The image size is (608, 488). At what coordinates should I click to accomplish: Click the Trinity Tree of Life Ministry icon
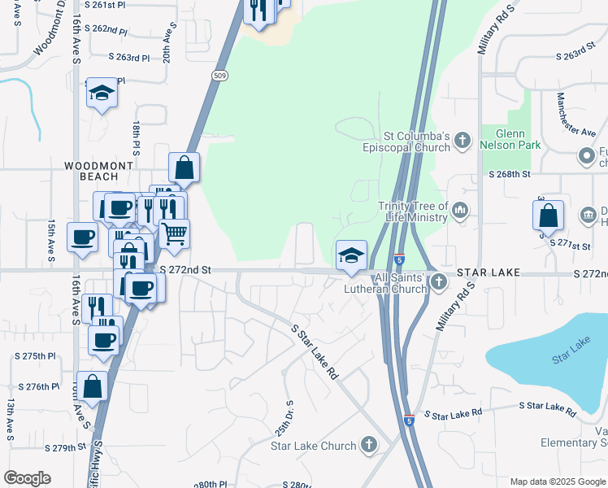pyautogui.click(x=459, y=211)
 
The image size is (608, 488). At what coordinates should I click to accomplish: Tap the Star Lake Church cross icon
pyautogui.click(x=369, y=445)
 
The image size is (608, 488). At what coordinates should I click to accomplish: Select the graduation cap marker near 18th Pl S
pyautogui.click(x=102, y=94)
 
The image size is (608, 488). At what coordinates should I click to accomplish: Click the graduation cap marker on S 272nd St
pyautogui.click(x=351, y=255)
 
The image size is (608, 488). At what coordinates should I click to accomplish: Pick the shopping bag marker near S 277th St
pyautogui.click(x=549, y=216)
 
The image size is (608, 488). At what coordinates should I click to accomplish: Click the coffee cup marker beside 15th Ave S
pyautogui.click(x=82, y=238)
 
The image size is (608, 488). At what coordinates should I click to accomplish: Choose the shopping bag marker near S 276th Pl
pyautogui.click(x=93, y=387)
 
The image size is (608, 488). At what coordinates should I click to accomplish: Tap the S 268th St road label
pyautogui.click(x=509, y=174)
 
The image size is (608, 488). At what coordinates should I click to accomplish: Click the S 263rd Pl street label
pyautogui.click(x=129, y=58)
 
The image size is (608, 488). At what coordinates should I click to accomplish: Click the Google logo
pyautogui.click(x=27, y=478)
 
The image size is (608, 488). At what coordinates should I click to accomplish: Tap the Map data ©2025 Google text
pyautogui.click(x=557, y=481)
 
